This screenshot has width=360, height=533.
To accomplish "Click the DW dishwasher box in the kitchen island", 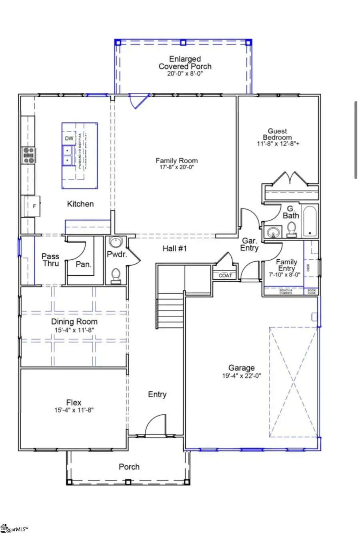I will [x=69, y=138].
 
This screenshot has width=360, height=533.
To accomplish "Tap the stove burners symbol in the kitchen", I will [x=28, y=155].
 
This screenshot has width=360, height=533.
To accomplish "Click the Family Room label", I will [x=176, y=160].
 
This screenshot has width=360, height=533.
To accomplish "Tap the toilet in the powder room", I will [x=116, y=276].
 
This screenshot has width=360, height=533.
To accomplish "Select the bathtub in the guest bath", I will [x=309, y=222].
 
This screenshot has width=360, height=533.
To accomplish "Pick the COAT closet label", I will [x=225, y=275].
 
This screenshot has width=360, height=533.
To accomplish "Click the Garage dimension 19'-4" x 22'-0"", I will [x=242, y=376].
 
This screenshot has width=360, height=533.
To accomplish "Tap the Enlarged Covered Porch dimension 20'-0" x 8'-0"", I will [x=185, y=74].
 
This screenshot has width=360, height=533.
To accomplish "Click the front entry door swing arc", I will [x=155, y=425].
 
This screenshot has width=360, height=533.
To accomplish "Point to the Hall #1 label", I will [x=175, y=248].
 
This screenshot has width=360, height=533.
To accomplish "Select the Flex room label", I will [x=74, y=403].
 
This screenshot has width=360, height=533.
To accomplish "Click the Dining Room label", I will [x=74, y=322].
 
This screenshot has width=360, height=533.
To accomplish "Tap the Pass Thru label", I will [x=50, y=260].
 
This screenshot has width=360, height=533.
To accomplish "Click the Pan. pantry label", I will [x=84, y=264].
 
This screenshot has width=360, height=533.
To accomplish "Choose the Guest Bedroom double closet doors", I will [x=290, y=178].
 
